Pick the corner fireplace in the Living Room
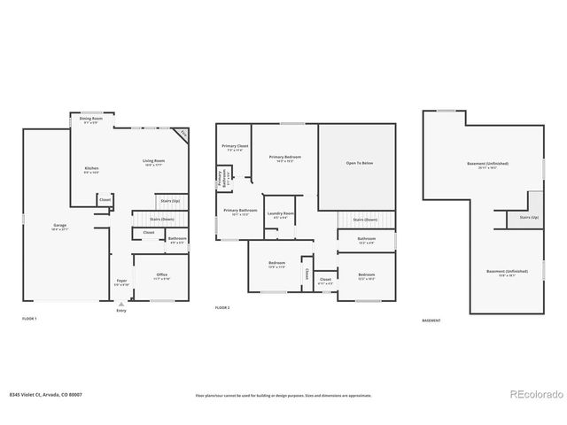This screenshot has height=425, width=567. (x=183, y=134)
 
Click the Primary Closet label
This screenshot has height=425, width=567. (x=235, y=147)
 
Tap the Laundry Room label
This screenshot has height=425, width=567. (x=282, y=214)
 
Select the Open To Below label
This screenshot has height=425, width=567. (x=359, y=163)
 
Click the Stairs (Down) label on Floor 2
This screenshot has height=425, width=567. (x=365, y=220)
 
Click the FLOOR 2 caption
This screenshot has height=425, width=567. (x=222, y=306)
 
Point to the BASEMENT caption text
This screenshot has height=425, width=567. (x=431, y=321)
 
